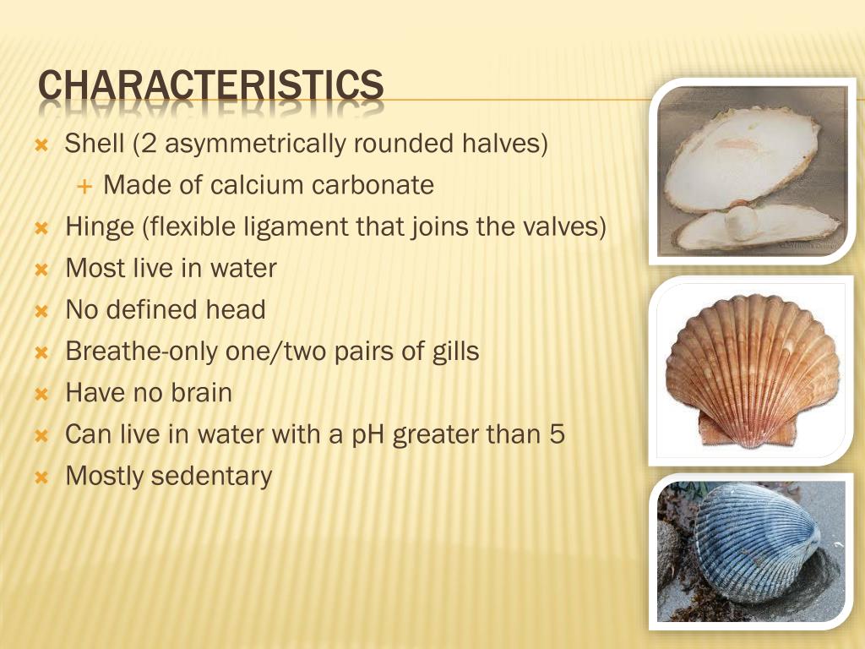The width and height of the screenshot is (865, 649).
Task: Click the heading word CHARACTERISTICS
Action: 211,85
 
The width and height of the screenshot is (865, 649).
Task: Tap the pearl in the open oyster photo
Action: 740,224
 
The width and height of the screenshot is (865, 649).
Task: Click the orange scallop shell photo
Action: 752,369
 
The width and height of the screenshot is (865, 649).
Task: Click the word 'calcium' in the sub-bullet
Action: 258,185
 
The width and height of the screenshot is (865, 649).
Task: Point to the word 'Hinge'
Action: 99,226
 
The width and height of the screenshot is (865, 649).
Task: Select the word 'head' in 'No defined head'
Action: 236,310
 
